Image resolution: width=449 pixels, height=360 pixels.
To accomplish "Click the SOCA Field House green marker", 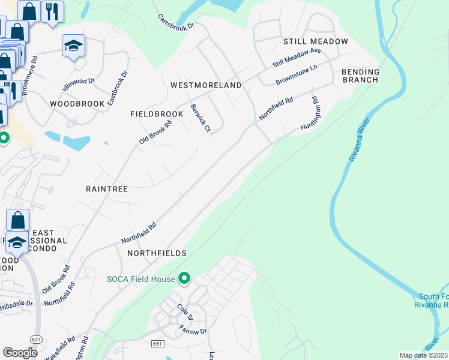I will point(185,278).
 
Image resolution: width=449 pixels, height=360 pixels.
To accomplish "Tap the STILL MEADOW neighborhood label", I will point(316,41).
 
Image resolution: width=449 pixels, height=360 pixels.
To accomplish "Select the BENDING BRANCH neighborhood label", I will point(360,76).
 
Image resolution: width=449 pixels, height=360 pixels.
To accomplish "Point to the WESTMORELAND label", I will point(206,85).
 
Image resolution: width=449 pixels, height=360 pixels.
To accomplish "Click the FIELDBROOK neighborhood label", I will point(157,113).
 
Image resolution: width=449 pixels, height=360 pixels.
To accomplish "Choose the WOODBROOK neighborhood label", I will point(77,104).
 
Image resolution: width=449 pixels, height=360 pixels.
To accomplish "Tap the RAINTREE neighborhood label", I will point(107,188).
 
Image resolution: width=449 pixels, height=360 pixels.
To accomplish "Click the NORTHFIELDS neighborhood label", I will point(157,253).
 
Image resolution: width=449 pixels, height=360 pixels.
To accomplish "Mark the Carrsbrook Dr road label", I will point(176,23).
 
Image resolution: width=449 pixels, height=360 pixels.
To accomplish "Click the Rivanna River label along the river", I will point(360,139).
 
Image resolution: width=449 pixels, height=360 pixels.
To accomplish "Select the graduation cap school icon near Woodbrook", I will point(73,46).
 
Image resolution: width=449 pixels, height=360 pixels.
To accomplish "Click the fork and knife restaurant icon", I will point(52,11).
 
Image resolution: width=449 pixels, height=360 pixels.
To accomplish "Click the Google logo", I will point(20,353).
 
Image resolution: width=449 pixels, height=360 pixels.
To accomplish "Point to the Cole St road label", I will point(184,311).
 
